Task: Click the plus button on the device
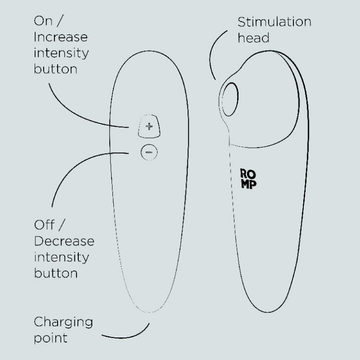pyautogui.click(x=149, y=126)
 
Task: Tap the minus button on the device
pyautogui.click(x=149, y=152)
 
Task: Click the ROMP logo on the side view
pyautogui.click(x=248, y=179)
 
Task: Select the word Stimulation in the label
pyautogui.click(x=274, y=22)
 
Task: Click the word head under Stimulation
pyautogui.click(x=254, y=38)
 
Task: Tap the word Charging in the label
pyautogui.click(x=63, y=322)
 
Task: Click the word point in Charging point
pyautogui.click(x=51, y=338)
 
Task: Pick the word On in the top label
pyautogui.click(x=43, y=21)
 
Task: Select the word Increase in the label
pyautogui.click(x=60, y=37)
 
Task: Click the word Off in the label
pyautogui.click(x=45, y=225)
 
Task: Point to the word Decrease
pyautogui.click(x=64, y=241)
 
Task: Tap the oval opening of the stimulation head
pyautogui.click(x=230, y=99)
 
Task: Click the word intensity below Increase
pyautogui.click(x=61, y=53)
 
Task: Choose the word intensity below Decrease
pyautogui.click(x=61, y=257)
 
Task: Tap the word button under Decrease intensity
pyautogui.click(x=56, y=273)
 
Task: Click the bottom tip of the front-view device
pyautogui.click(x=149, y=312)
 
